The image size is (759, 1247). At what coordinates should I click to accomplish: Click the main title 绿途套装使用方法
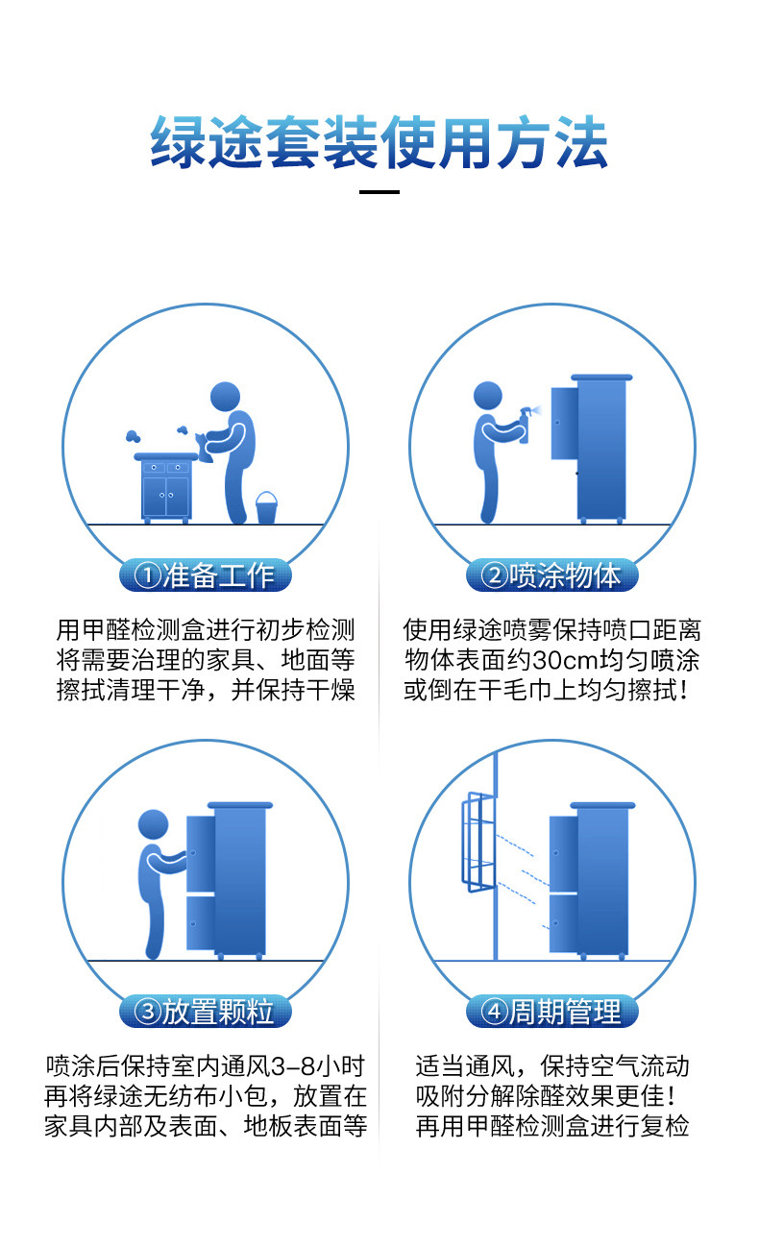click(x=379, y=142)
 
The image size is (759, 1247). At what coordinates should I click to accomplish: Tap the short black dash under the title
click(x=379, y=192)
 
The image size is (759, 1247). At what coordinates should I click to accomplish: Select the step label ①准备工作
click(x=205, y=575)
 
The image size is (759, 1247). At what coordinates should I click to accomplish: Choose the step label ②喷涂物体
click(x=551, y=575)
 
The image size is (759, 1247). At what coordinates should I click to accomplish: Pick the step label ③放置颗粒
click(x=205, y=1012)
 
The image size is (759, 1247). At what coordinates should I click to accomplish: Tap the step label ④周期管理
click(x=551, y=1012)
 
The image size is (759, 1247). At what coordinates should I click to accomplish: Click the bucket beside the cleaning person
click(x=266, y=507)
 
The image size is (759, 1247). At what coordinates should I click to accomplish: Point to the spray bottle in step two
click(x=525, y=426)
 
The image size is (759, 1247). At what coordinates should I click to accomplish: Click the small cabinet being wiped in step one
click(x=166, y=488)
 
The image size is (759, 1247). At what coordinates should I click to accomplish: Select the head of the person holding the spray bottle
click(x=488, y=395)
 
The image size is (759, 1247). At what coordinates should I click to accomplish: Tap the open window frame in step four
click(x=477, y=841)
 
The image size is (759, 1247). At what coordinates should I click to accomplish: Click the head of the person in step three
click(x=153, y=824)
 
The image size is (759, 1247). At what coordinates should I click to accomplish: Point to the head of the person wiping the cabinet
click(x=226, y=397)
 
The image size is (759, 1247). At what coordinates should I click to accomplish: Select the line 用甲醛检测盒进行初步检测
click(x=206, y=630)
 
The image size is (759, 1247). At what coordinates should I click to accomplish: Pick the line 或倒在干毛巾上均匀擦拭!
click(x=547, y=691)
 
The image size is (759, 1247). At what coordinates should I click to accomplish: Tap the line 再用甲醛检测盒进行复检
click(x=552, y=1126)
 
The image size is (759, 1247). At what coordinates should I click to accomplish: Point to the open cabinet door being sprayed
click(x=565, y=423)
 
